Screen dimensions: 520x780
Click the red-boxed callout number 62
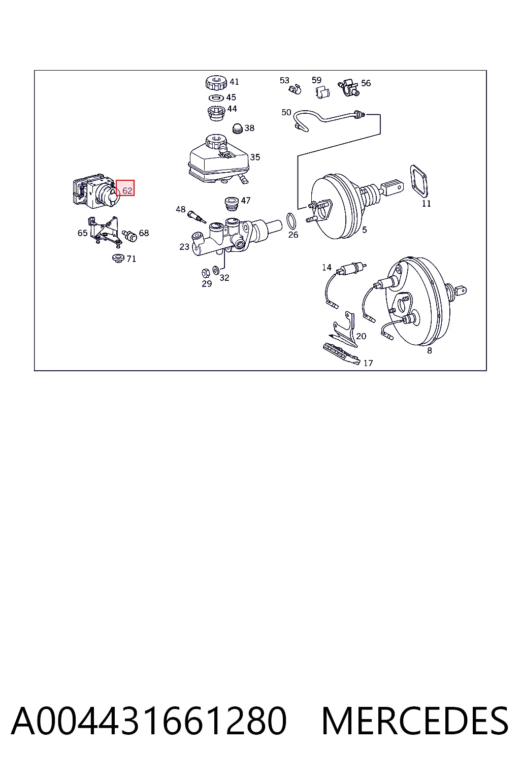[127, 191]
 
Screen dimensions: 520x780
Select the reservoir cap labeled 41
[216, 82]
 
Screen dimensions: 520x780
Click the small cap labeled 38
[237, 128]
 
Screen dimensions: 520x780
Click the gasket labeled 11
[418, 181]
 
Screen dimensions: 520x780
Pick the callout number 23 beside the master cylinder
[184, 247]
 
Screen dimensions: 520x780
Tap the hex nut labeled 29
[206, 273]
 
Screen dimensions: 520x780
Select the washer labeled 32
[216, 270]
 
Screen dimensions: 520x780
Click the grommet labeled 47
[231, 204]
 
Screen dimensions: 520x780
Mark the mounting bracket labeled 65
[104, 232]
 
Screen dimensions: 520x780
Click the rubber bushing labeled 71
[118, 258]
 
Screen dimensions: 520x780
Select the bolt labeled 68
[129, 235]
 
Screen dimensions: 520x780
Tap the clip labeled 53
[295, 89]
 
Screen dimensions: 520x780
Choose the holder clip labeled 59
[322, 93]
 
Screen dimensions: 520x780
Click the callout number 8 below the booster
[430, 351]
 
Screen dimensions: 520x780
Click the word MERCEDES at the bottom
[415, 722]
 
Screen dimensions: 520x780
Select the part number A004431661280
[149, 721]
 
